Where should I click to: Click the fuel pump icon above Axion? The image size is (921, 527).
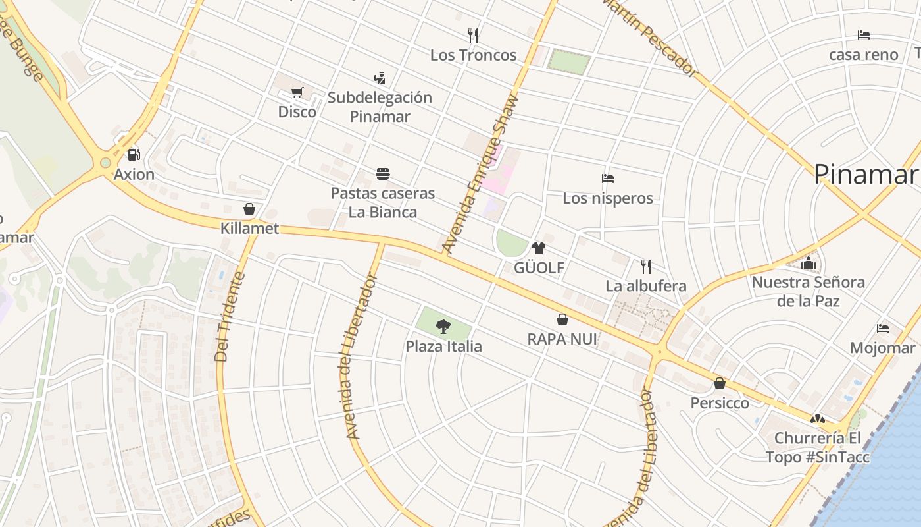[134, 155]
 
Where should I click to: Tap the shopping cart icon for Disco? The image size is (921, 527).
[297, 92]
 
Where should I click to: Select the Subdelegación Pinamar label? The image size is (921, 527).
[380, 107]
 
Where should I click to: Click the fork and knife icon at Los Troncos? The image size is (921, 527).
[473, 35]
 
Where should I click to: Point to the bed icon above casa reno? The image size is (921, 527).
[864, 35]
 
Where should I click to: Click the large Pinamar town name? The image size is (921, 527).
[865, 175]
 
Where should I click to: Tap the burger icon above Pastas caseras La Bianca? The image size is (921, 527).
[383, 174]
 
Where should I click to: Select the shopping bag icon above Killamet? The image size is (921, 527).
[249, 209]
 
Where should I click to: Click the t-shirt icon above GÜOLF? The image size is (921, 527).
[539, 248]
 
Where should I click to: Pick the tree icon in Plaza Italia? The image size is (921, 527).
[443, 326]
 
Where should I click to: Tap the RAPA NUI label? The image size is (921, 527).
[562, 339]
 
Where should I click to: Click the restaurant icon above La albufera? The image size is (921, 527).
[646, 266]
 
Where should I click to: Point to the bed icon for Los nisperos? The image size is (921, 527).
[608, 179]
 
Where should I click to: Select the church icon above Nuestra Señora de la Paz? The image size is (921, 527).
[809, 263]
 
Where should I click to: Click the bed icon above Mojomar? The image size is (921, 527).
[883, 328]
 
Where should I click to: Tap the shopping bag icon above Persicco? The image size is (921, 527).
[720, 383]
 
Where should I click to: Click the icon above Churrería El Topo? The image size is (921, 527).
[817, 419]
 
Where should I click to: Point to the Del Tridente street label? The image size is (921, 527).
[230, 317]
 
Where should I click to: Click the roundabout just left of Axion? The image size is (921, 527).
[105, 163]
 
